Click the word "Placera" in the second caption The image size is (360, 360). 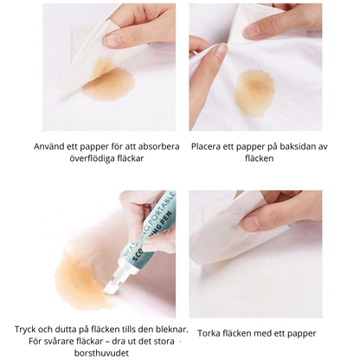pos(210,146)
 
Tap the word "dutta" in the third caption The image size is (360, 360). pos(68,330)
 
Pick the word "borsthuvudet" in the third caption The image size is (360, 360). pos(95,354)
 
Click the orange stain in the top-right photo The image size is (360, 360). pos(254,90)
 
